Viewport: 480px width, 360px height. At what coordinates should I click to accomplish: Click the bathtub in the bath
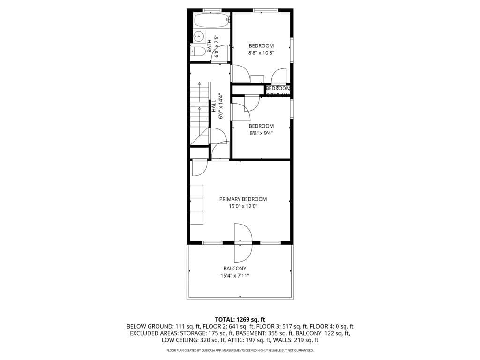pos(211,20)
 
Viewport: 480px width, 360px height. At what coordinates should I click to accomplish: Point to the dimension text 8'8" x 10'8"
pos(261,53)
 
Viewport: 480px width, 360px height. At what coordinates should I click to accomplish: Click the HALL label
pos(214,105)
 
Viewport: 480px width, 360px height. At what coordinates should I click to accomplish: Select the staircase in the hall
pos(199,112)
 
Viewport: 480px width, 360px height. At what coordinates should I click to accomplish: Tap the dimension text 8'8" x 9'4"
pos(261,133)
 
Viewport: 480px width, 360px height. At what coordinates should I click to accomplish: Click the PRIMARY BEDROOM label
pos(243,199)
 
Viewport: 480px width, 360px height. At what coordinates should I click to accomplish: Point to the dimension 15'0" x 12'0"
pos(243,206)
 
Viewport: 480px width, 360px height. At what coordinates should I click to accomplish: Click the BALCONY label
pos(235,269)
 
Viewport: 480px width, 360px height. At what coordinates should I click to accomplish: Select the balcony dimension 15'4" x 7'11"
pos(235,276)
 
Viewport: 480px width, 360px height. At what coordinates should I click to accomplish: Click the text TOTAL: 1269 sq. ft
pos(240,319)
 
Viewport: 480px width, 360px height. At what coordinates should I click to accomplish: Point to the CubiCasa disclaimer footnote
pos(240,350)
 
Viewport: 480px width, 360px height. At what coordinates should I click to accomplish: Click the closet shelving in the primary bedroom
pos(197,204)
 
